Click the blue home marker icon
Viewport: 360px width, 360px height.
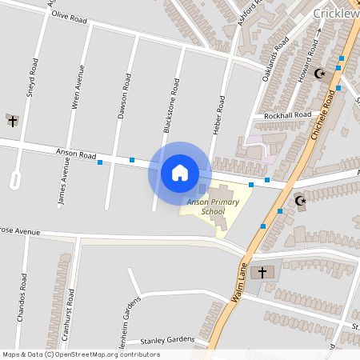pyautogui.click(x=180, y=173)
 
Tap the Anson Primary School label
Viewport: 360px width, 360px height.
pyautogui.click(x=206, y=207)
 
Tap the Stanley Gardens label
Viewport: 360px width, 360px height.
pyautogui.click(x=167, y=340)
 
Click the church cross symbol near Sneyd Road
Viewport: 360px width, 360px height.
pyautogui.click(x=12, y=120)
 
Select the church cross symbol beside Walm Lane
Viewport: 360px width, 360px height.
pyautogui.click(x=262, y=273)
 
